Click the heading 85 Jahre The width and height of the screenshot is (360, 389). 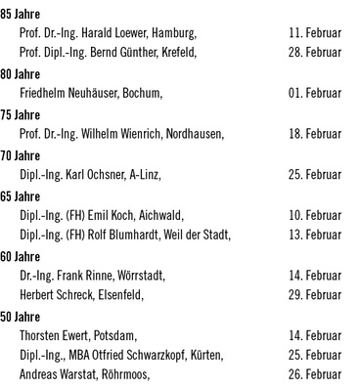(20, 13)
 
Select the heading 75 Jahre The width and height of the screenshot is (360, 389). (20, 114)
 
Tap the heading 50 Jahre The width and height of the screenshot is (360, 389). (20, 316)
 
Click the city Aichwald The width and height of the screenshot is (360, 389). (160, 215)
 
